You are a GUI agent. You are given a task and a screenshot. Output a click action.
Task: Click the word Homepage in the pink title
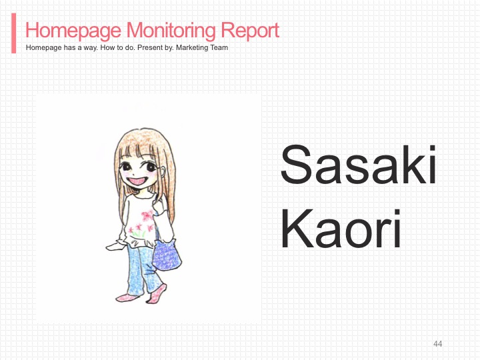(73, 31)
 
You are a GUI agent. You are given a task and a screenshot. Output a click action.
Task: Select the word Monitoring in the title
(171, 31)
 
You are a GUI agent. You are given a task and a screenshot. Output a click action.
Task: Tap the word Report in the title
(250, 31)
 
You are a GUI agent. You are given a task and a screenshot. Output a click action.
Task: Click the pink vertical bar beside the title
(14, 33)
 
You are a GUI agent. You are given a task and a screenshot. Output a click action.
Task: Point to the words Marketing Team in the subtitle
(202, 48)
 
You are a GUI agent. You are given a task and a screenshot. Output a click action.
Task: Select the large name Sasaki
(359, 165)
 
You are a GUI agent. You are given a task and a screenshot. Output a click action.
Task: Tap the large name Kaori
(341, 228)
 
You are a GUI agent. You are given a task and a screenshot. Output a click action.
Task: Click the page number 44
(438, 344)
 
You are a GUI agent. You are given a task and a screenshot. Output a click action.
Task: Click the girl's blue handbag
(167, 255)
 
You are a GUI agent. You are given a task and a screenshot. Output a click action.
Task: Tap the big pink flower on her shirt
(148, 215)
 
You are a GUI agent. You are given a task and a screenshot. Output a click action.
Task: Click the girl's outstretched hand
(113, 246)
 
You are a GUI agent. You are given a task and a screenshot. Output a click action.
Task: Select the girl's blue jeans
(144, 270)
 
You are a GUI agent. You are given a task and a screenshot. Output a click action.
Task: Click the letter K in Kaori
(296, 229)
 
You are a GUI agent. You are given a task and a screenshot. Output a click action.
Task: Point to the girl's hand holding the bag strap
(160, 207)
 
